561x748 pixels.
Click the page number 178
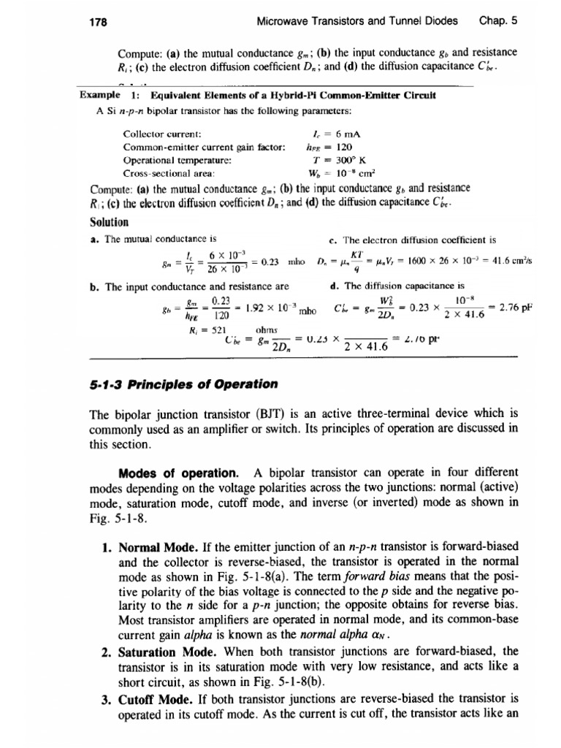[99, 22]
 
